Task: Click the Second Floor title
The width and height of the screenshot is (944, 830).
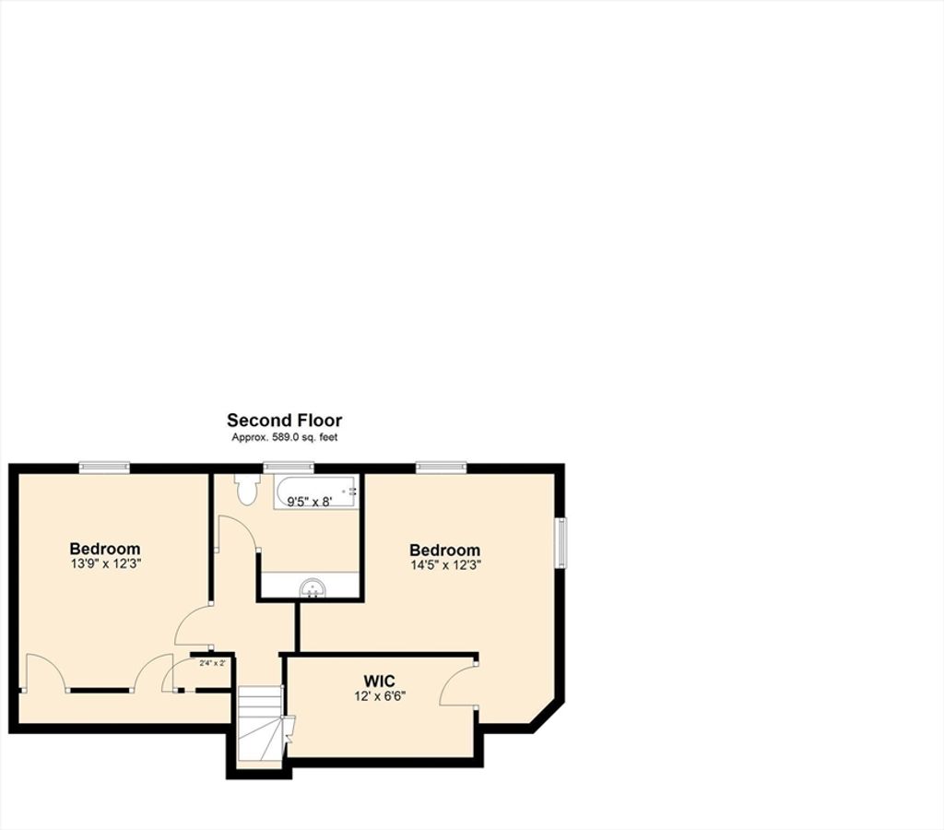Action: (x=284, y=420)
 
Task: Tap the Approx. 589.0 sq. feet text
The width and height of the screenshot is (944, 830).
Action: (x=284, y=437)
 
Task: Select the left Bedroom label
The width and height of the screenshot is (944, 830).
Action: (x=105, y=549)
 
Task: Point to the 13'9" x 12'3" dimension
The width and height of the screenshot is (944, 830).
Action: (x=105, y=564)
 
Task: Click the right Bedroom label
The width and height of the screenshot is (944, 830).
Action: (x=445, y=550)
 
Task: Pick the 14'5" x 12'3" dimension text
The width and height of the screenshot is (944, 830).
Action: (x=445, y=565)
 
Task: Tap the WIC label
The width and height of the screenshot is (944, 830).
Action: (x=379, y=682)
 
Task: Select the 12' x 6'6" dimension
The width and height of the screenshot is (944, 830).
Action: (x=380, y=696)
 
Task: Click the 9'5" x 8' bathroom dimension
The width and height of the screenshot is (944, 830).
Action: (x=310, y=501)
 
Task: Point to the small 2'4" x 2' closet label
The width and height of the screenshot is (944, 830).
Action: (x=213, y=663)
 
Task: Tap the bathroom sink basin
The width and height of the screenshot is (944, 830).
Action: (x=313, y=587)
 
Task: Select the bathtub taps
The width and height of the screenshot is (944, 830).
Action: (x=353, y=491)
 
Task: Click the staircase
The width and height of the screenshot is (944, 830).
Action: (x=260, y=723)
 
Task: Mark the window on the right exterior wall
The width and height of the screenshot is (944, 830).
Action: (x=561, y=542)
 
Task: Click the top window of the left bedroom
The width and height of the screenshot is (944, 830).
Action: (x=104, y=467)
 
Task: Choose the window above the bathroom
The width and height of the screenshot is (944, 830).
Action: (x=289, y=467)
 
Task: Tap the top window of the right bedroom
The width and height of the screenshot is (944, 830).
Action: (x=442, y=467)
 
